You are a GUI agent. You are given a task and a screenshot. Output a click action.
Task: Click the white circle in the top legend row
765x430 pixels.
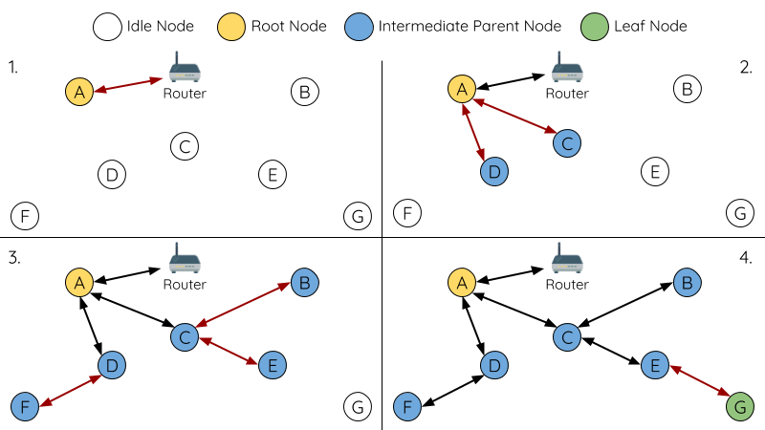tap(107, 27)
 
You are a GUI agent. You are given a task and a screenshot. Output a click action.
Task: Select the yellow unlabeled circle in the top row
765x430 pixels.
tap(231, 27)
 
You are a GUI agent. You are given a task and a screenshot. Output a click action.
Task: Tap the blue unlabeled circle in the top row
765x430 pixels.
tap(359, 27)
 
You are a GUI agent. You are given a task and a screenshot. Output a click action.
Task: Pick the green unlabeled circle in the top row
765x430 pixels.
tap(595, 27)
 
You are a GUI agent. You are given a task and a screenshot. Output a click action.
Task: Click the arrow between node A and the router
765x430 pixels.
tap(128, 85)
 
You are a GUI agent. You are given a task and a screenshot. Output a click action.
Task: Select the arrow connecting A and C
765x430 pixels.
tap(514, 115)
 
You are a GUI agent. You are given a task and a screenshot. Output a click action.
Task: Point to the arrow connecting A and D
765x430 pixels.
tap(475, 131)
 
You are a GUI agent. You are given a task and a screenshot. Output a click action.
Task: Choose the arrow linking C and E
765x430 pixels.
tap(228, 351)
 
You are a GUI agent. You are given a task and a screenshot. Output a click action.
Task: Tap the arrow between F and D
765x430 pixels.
tap(70, 391)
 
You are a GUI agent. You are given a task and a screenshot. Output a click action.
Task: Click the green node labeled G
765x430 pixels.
tap(740, 407)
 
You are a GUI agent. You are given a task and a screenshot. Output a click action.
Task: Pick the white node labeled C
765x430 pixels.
tap(185, 146)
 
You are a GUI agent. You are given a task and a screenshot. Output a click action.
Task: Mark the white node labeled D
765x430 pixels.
tap(112, 175)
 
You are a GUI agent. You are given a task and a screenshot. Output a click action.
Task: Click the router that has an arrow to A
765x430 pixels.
tap(185, 70)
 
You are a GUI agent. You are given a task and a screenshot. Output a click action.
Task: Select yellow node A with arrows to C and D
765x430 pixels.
tap(462, 89)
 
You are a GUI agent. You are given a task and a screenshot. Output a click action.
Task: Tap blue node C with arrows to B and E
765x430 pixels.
tap(185, 336)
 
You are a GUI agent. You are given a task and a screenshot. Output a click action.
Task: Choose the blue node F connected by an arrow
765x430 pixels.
tap(25, 407)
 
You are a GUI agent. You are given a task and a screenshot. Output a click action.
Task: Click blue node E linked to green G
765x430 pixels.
tap(655, 365)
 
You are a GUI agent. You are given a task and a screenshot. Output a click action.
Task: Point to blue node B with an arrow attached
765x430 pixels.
tap(304, 283)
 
